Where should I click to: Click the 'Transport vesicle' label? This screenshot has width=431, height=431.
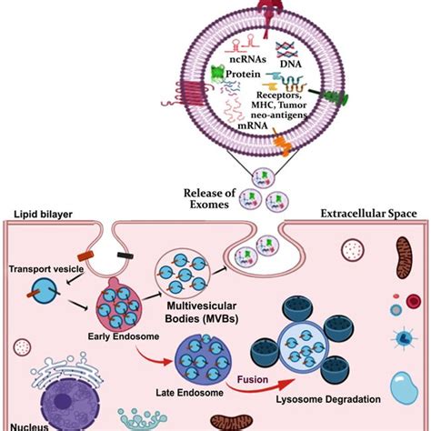click(x=49, y=270)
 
